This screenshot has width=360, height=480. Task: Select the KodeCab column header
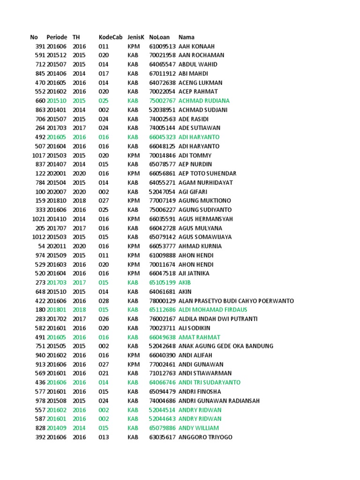[110, 37]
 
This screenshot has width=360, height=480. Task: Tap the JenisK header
[136, 37]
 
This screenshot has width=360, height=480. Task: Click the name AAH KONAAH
[196, 46]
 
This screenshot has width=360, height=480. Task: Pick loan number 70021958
[162, 55]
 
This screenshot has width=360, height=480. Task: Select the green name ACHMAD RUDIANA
[204, 101]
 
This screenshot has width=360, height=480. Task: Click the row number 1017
[38, 155]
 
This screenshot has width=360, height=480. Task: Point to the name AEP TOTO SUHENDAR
[207, 173]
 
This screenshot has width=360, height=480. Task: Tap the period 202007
[57, 192]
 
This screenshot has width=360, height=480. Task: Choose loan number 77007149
[162, 201]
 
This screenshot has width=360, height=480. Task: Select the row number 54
[41, 246]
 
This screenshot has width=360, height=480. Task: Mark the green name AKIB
[185, 283]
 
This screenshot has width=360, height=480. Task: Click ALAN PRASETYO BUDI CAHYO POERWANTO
[236, 300]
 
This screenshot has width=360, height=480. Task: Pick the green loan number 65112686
[162, 310]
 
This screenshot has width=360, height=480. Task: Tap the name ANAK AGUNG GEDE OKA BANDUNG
[225, 346]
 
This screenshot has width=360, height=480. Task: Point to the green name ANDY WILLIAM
[199, 428]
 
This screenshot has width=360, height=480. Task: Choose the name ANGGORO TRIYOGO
[205, 437]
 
